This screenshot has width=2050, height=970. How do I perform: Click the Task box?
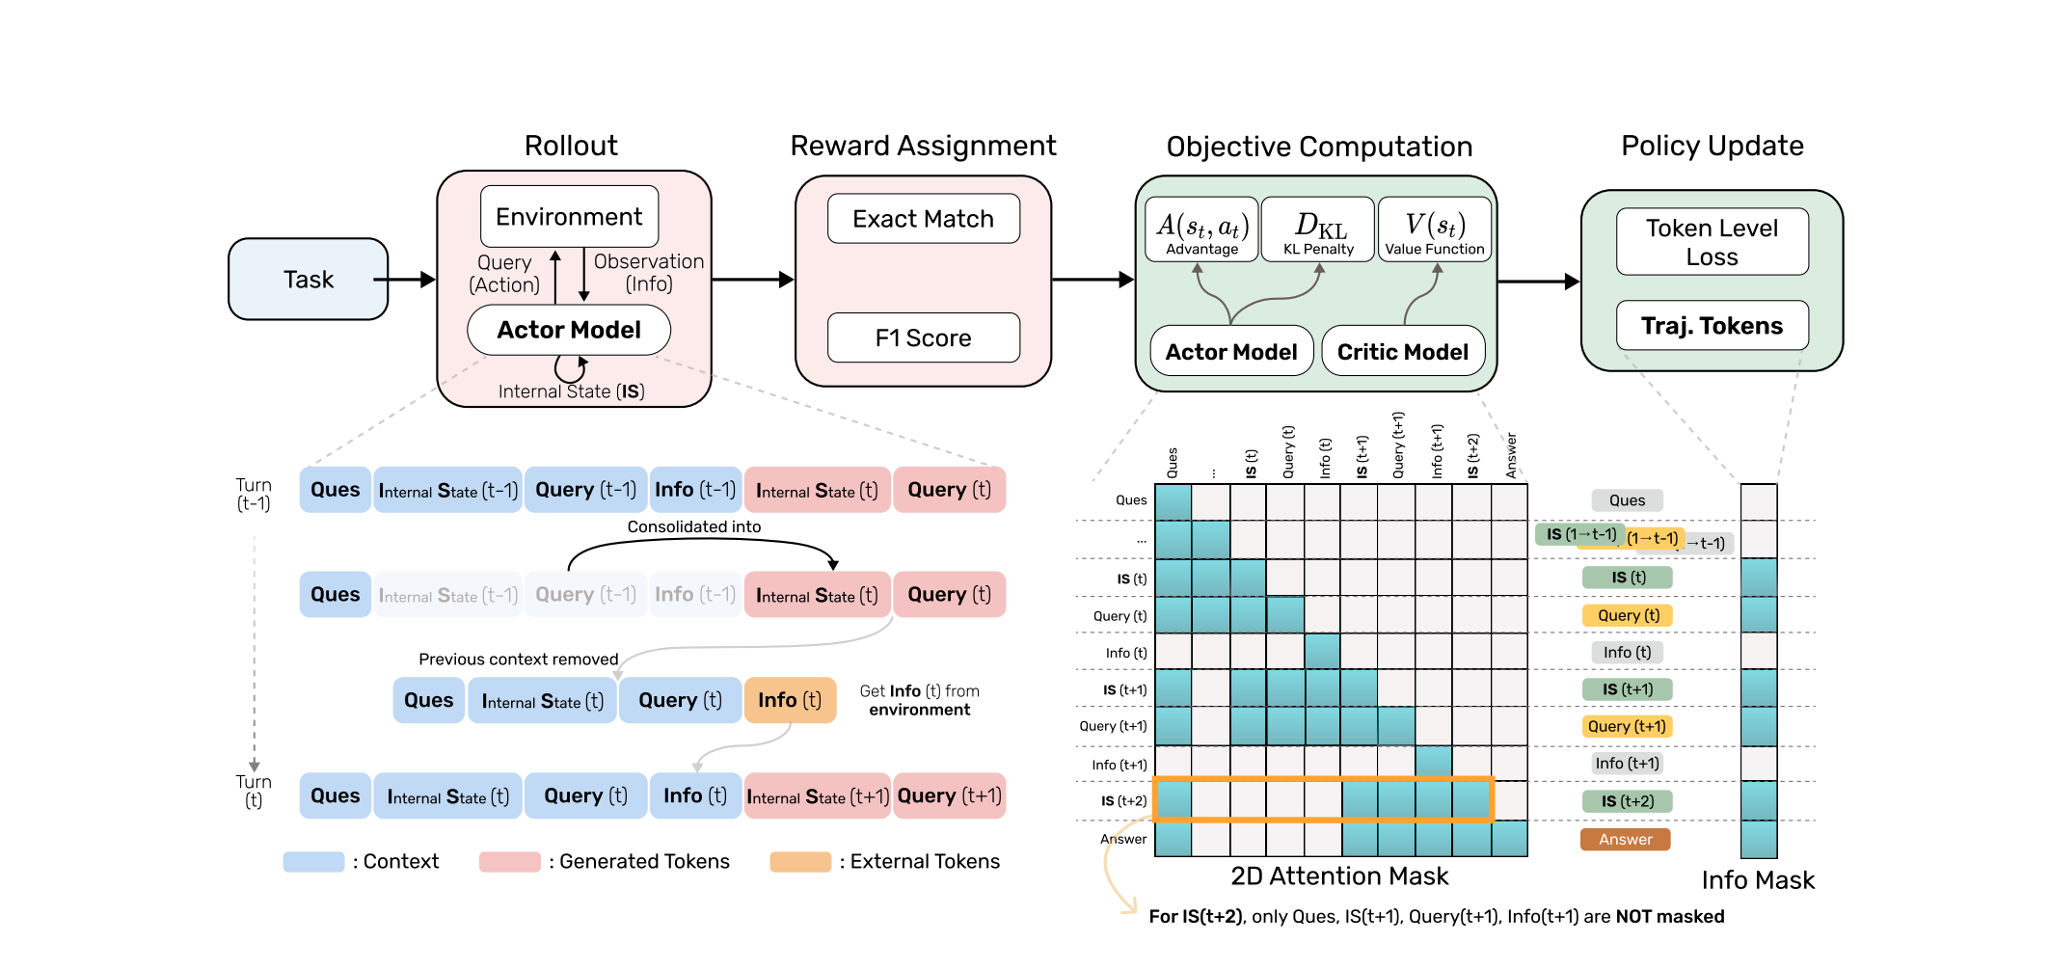click(x=308, y=280)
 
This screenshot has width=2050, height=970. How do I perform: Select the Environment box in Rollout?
click(x=569, y=217)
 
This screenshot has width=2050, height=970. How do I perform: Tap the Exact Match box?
click(x=923, y=219)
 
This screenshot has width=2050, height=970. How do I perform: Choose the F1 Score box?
click(x=923, y=338)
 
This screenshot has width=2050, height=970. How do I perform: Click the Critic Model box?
click(x=1402, y=352)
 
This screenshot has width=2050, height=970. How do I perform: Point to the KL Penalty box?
click(x=1318, y=230)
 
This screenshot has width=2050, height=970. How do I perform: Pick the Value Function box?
click(x=1435, y=230)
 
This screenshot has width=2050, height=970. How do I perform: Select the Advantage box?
click(x=1201, y=230)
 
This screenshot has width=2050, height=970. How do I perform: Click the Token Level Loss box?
click(x=1712, y=242)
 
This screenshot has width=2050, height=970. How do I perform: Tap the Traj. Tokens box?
click(x=1712, y=326)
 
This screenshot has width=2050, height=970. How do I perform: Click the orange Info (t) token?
click(x=790, y=700)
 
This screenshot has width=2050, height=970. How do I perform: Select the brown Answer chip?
click(x=1625, y=840)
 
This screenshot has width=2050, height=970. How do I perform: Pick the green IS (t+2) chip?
click(x=1627, y=801)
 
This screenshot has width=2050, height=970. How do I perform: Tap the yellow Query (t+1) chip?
click(x=1627, y=727)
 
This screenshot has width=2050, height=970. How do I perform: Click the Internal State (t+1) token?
click(x=818, y=796)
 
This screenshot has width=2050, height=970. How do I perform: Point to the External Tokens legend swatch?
click(x=800, y=862)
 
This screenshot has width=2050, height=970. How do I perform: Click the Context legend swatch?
click(x=313, y=862)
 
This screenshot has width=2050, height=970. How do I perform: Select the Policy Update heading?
click(x=1712, y=146)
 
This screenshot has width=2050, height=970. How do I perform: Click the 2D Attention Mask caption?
click(x=1339, y=876)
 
